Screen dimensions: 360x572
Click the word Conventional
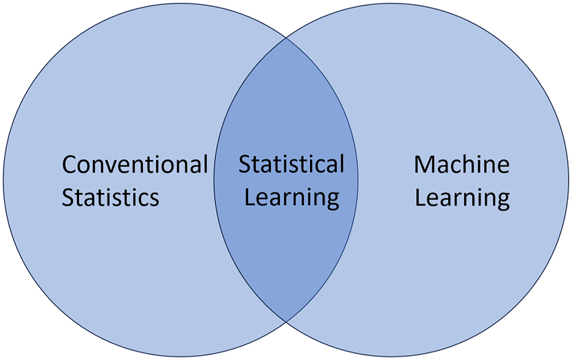135,165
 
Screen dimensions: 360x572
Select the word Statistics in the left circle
111,198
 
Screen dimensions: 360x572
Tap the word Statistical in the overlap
291,165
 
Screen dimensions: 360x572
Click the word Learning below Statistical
292,199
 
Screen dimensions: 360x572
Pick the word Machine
462,165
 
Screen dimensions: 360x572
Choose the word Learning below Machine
463,199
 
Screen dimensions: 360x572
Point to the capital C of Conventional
69,165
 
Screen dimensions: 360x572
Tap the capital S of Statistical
245,165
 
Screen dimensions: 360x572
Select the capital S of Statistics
67,198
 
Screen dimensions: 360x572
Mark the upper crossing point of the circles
286,38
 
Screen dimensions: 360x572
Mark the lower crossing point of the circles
286,322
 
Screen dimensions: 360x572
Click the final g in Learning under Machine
503,201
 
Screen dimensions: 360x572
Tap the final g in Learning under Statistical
332,201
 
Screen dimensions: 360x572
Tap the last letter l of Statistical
341,164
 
